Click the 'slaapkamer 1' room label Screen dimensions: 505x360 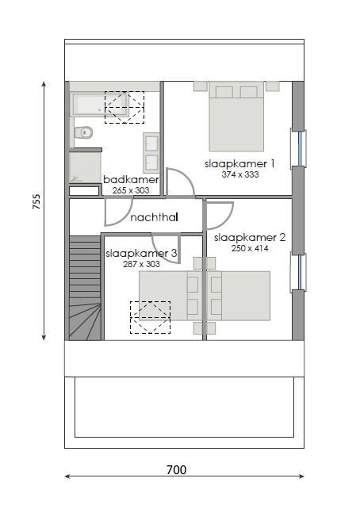[239, 163]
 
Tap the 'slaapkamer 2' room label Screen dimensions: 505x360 [250, 237]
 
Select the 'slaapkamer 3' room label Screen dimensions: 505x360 [141, 254]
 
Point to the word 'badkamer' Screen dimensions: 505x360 [131, 180]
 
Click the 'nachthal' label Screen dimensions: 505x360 [154, 217]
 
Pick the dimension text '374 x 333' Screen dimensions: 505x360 [240, 174]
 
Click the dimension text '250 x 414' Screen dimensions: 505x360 [250, 248]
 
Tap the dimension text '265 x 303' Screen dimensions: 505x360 [131, 190]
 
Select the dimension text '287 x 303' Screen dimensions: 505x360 [141, 264]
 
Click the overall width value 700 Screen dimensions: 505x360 [176, 470]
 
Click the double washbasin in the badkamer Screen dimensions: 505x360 [151, 152]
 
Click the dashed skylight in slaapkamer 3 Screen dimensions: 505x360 [150, 317]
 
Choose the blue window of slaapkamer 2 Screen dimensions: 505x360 [300, 271]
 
